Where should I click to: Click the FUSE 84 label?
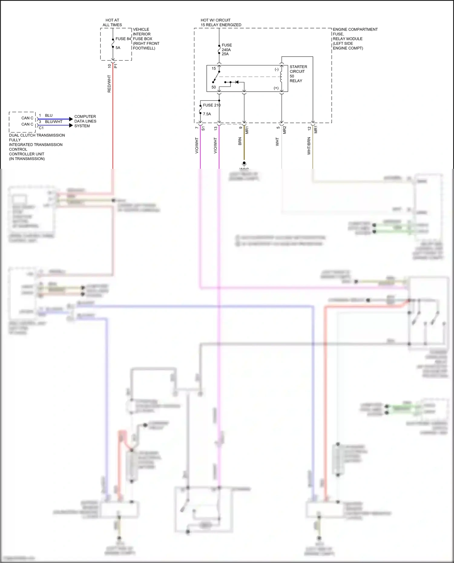coord(123,39)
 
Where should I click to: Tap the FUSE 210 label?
coord(212,105)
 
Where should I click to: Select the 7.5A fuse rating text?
coord(207,114)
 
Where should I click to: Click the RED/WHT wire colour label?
coord(109,84)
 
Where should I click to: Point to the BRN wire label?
coord(240,141)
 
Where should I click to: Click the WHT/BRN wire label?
coord(309,146)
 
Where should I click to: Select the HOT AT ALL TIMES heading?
coord(112,22)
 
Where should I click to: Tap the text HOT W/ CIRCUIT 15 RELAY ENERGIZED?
coord(221,22)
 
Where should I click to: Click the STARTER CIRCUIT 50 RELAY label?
coord(298,74)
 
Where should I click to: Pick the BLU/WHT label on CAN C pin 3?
coord(54,122)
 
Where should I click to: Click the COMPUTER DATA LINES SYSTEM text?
coord(85,121)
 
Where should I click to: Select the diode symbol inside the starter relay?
coord(237,82)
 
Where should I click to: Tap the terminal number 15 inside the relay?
coord(214,68)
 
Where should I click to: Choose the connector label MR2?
coord(285,130)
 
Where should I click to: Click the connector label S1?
coord(203,129)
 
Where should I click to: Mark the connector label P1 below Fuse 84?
coord(116,66)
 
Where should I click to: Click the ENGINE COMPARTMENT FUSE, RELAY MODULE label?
coord(355,38)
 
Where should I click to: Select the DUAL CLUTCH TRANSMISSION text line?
coord(37,135)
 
